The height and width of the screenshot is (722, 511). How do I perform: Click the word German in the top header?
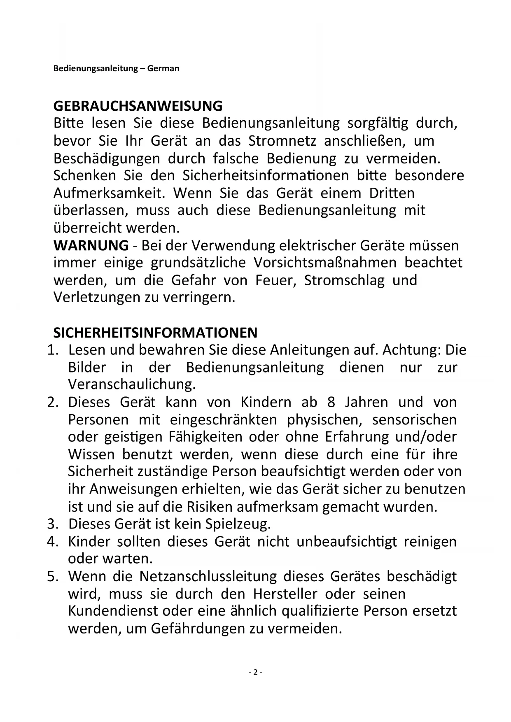coord(163,68)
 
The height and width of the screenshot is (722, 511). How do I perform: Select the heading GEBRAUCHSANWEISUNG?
coord(138,106)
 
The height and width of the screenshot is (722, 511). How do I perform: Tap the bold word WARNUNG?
coord(91,245)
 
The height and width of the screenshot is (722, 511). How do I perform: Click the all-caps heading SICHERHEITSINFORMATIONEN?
coord(155,332)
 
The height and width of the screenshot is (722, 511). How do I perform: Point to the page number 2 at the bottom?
coord(255,673)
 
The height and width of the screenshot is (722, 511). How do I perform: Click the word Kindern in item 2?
coord(266,402)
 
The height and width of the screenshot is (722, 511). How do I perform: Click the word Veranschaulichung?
coord(131,384)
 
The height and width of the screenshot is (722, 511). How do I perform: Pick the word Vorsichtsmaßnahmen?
coord(325,263)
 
